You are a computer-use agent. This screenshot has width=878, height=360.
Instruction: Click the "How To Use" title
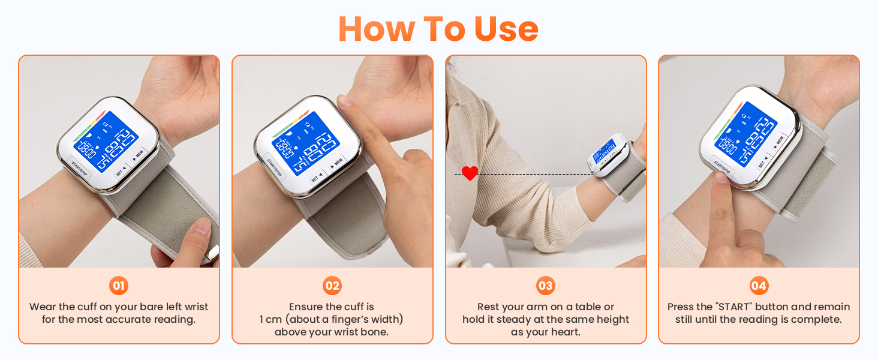point(438,28)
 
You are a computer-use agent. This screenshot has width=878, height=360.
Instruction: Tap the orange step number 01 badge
point(119,286)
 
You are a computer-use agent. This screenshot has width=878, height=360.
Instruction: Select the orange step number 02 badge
point(332,286)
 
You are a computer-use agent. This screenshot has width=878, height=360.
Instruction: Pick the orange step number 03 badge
point(545,286)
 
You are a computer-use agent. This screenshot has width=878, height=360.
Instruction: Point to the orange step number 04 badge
point(759,286)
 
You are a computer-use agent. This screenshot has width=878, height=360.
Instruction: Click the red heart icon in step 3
point(470,173)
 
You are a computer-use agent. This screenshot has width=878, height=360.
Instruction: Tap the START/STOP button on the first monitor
point(80,166)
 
